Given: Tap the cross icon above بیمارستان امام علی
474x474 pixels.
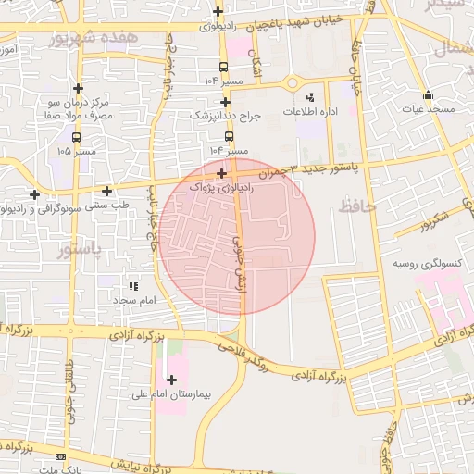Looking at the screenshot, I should point(171,379).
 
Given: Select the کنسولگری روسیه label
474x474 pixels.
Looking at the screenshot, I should point(427,264).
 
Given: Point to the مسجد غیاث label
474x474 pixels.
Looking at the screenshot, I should point(428,109).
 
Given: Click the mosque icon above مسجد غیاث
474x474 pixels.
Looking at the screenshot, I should point(428,94).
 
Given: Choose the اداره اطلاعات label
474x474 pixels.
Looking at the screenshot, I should point(309,111).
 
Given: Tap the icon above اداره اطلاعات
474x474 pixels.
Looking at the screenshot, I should point(309,96).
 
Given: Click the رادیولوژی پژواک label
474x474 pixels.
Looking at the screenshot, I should point(220,187).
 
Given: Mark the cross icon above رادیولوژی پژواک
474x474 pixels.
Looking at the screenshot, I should point(221,173).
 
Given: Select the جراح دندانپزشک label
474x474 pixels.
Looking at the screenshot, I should point(226,117).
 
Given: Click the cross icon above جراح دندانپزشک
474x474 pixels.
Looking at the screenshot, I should point(225,102).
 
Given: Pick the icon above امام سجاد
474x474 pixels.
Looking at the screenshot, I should point(132,287).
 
